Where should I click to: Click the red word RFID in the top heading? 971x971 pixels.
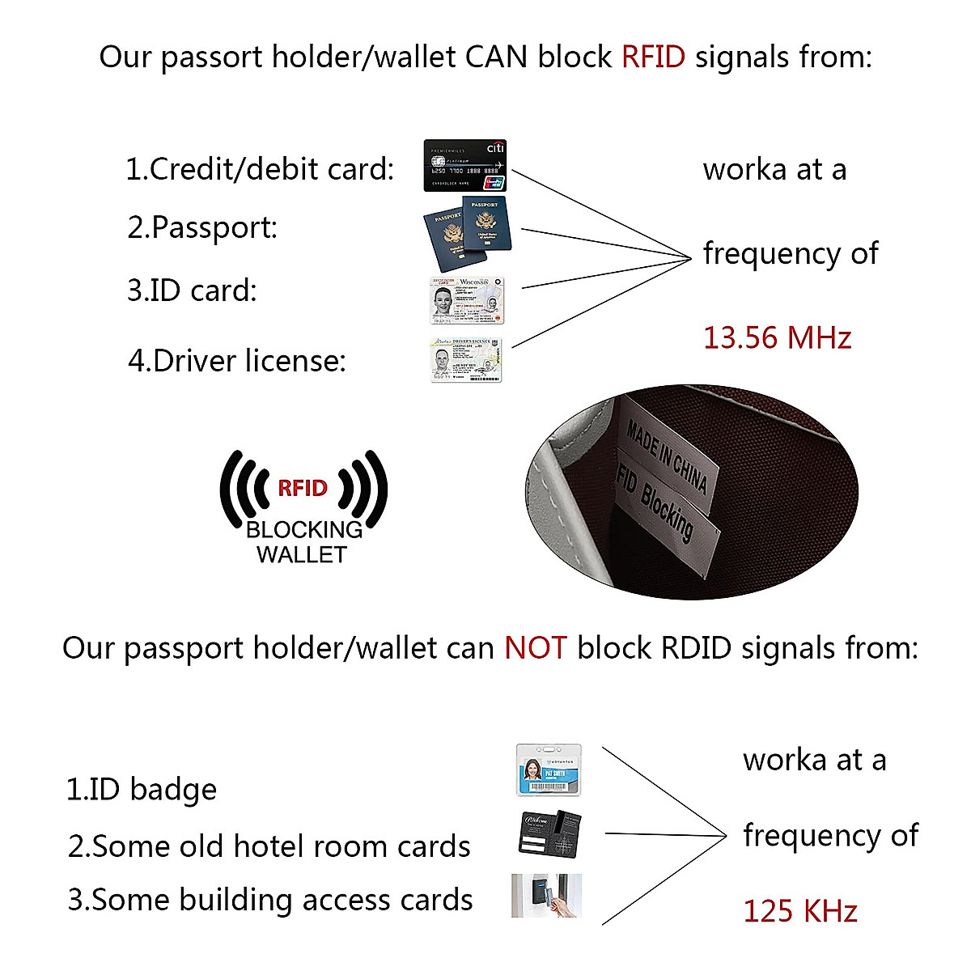coord(653,57)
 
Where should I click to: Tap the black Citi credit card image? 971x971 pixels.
coord(465,166)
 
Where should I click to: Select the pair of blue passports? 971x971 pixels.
coord(469,233)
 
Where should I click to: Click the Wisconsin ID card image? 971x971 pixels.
coord(466,300)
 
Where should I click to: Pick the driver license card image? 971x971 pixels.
coord(465,360)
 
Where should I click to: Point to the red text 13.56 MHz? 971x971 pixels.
coord(777,337)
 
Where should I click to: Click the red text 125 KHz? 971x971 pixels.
coord(799,911)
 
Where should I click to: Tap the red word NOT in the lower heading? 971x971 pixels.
coord(535,648)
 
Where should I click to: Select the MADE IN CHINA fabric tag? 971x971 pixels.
coord(668,457)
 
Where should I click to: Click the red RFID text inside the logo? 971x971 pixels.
coord(303,488)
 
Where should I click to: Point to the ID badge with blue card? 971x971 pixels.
coord(549,770)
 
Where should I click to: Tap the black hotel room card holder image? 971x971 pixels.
coord(549,833)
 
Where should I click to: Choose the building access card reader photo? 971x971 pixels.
coord(546,896)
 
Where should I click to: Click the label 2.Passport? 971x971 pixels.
coord(202,227)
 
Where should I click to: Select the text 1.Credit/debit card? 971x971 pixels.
coord(260,169)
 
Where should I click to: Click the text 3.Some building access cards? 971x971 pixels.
coord(270,900)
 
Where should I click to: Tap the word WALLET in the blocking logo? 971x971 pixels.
coord(301,555)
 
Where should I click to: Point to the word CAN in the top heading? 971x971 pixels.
coord(497,57)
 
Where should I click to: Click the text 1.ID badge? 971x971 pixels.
coord(142,790)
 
